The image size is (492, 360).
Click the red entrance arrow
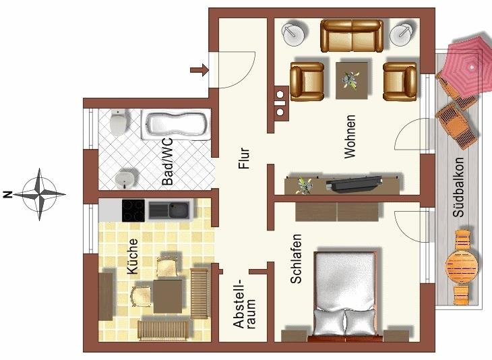point(199,69)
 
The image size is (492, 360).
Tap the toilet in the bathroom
point(119,122)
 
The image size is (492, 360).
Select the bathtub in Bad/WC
point(176,125)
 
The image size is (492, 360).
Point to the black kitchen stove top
point(133,210)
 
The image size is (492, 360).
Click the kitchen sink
point(169,210)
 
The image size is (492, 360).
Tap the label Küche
point(133,256)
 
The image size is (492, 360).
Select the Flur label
point(244,158)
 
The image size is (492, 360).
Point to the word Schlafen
point(296,259)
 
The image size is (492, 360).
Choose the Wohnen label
point(350,137)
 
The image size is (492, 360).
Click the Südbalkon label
point(458,187)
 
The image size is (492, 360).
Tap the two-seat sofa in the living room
point(352,36)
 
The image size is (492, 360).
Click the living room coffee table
point(352,80)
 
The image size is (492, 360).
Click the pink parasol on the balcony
point(470,67)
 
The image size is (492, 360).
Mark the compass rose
point(40,195)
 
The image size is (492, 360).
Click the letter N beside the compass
point(7,195)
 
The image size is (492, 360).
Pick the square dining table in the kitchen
point(168,296)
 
